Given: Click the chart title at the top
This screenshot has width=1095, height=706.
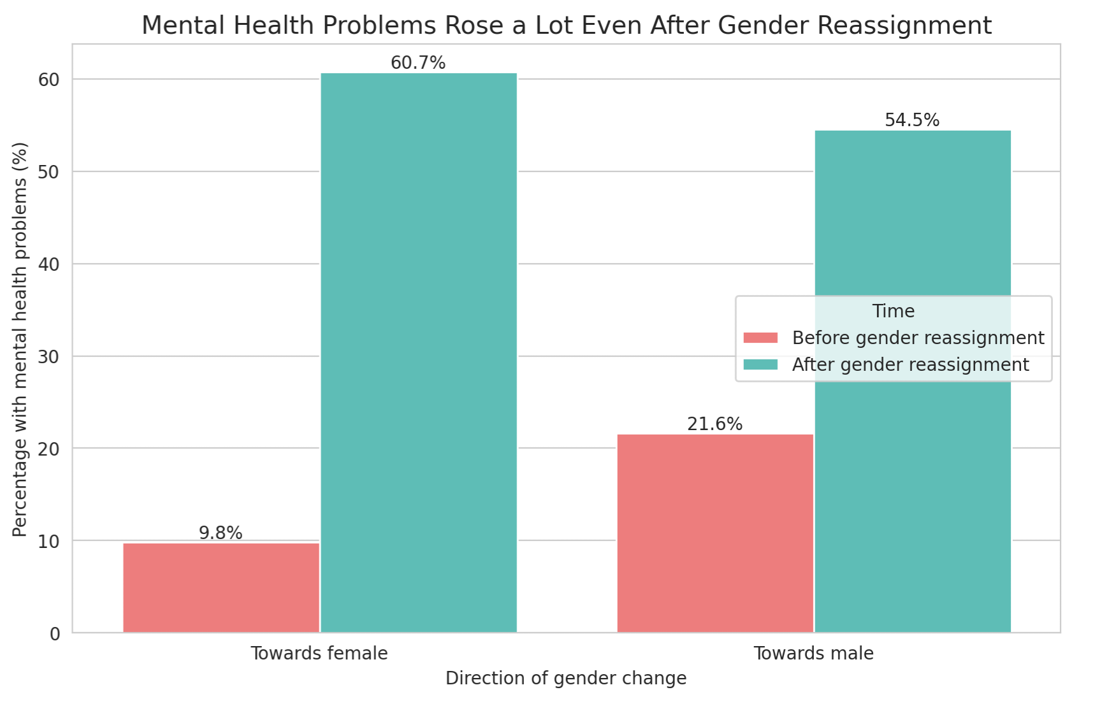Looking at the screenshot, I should (x=566, y=26).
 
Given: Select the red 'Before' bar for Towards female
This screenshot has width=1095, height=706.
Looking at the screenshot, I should (x=221, y=587).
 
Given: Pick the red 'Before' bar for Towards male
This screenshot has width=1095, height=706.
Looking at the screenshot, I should (x=715, y=533).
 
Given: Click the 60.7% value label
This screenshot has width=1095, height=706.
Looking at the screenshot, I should (x=418, y=63).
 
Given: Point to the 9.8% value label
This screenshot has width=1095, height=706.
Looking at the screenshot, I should (x=221, y=533).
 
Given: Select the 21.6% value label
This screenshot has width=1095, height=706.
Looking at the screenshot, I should (x=714, y=424).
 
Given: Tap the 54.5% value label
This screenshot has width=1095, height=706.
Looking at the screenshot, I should (x=912, y=120).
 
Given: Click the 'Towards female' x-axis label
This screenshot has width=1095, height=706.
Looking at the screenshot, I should (x=319, y=654).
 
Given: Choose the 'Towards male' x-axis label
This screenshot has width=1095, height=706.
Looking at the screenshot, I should (x=813, y=654).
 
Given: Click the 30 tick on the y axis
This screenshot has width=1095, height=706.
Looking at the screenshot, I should (x=49, y=357).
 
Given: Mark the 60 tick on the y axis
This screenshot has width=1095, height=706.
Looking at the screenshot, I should (x=49, y=80).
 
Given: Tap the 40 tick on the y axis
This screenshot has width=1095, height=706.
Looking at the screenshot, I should (x=49, y=264).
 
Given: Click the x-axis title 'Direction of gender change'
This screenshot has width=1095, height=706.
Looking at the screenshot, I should (x=566, y=679).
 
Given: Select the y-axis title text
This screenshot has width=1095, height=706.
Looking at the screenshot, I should (x=20, y=339).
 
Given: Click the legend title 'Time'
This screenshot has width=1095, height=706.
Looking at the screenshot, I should (x=893, y=311).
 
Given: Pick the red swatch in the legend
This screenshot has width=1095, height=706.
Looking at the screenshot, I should (x=760, y=338).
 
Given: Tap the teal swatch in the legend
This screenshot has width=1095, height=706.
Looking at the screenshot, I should (x=760, y=364).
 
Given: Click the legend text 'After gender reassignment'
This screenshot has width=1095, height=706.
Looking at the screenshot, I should (x=910, y=364).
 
